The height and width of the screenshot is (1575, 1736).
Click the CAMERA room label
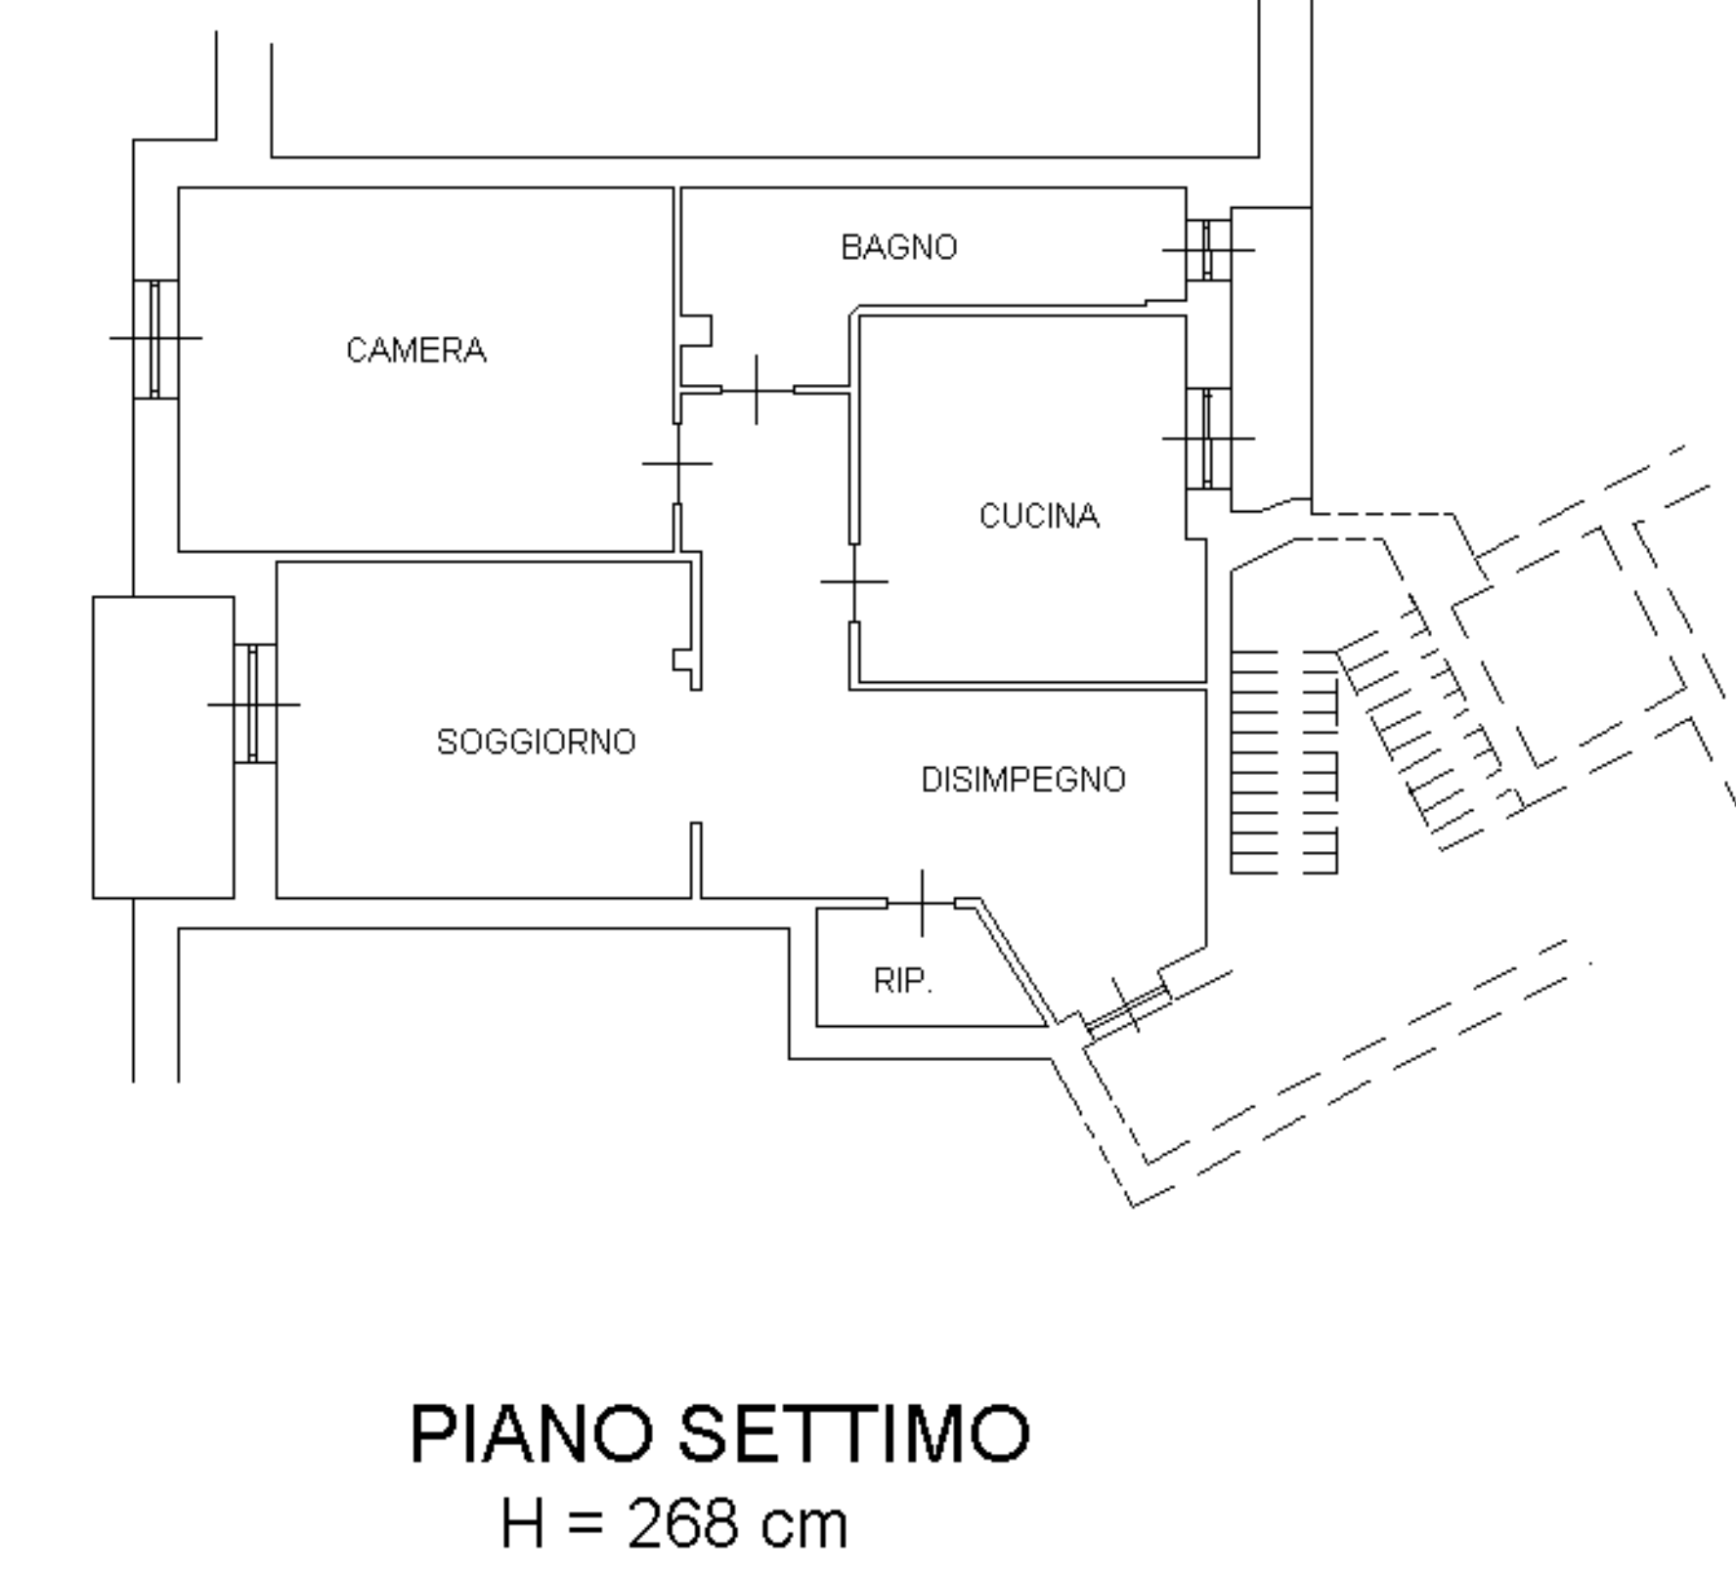pyautogui.click(x=416, y=350)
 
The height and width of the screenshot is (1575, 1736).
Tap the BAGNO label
pyautogui.click(x=898, y=247)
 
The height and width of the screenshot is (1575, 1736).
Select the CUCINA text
pyautogui.click(x=1039, y=516)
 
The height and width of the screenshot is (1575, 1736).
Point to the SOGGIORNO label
pyautogui.click(x=536, y=743)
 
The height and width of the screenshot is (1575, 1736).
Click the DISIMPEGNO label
pyautogui.click(x=1023, y=780)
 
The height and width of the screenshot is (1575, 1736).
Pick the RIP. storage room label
pyautogui.click(x=902, y=980)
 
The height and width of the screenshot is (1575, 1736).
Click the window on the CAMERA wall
pyautogui.click(x=155, y=339)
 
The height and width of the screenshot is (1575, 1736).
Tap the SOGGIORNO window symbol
pyautogui.click(x=254, y=703)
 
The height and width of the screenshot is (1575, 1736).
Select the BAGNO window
pyautogui.click(x=1208, y=250)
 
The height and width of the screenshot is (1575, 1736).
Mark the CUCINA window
pyautogui.click(x=1208, y=439)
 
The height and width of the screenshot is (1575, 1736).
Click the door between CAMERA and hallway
pyautogui.click(x=677, y=463)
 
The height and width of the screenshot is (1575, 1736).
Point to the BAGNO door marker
pyautogui.click(x=757, y=390)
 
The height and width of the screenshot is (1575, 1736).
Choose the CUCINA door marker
pyautogui.click(x=854, y=581)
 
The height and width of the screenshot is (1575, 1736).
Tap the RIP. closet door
pyautogui.click(x=922, y=903)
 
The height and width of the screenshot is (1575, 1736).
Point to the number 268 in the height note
pyautogui.click(x=681, y=1523)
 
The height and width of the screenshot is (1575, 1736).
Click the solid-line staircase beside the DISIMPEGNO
pyautogui.click(x=1282, y=761)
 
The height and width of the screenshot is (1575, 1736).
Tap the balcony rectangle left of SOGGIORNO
pyautogui.click(x=163, y=746)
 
